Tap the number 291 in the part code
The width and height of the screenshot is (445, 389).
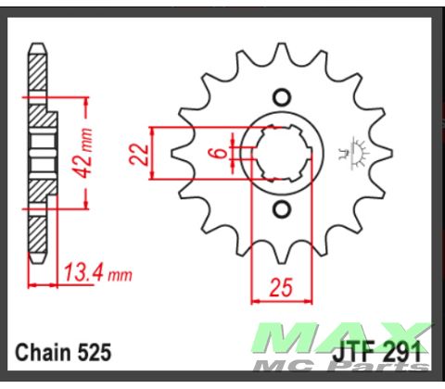404,352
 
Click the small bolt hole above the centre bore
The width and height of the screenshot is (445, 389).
282,96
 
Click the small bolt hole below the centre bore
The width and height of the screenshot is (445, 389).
282,210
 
